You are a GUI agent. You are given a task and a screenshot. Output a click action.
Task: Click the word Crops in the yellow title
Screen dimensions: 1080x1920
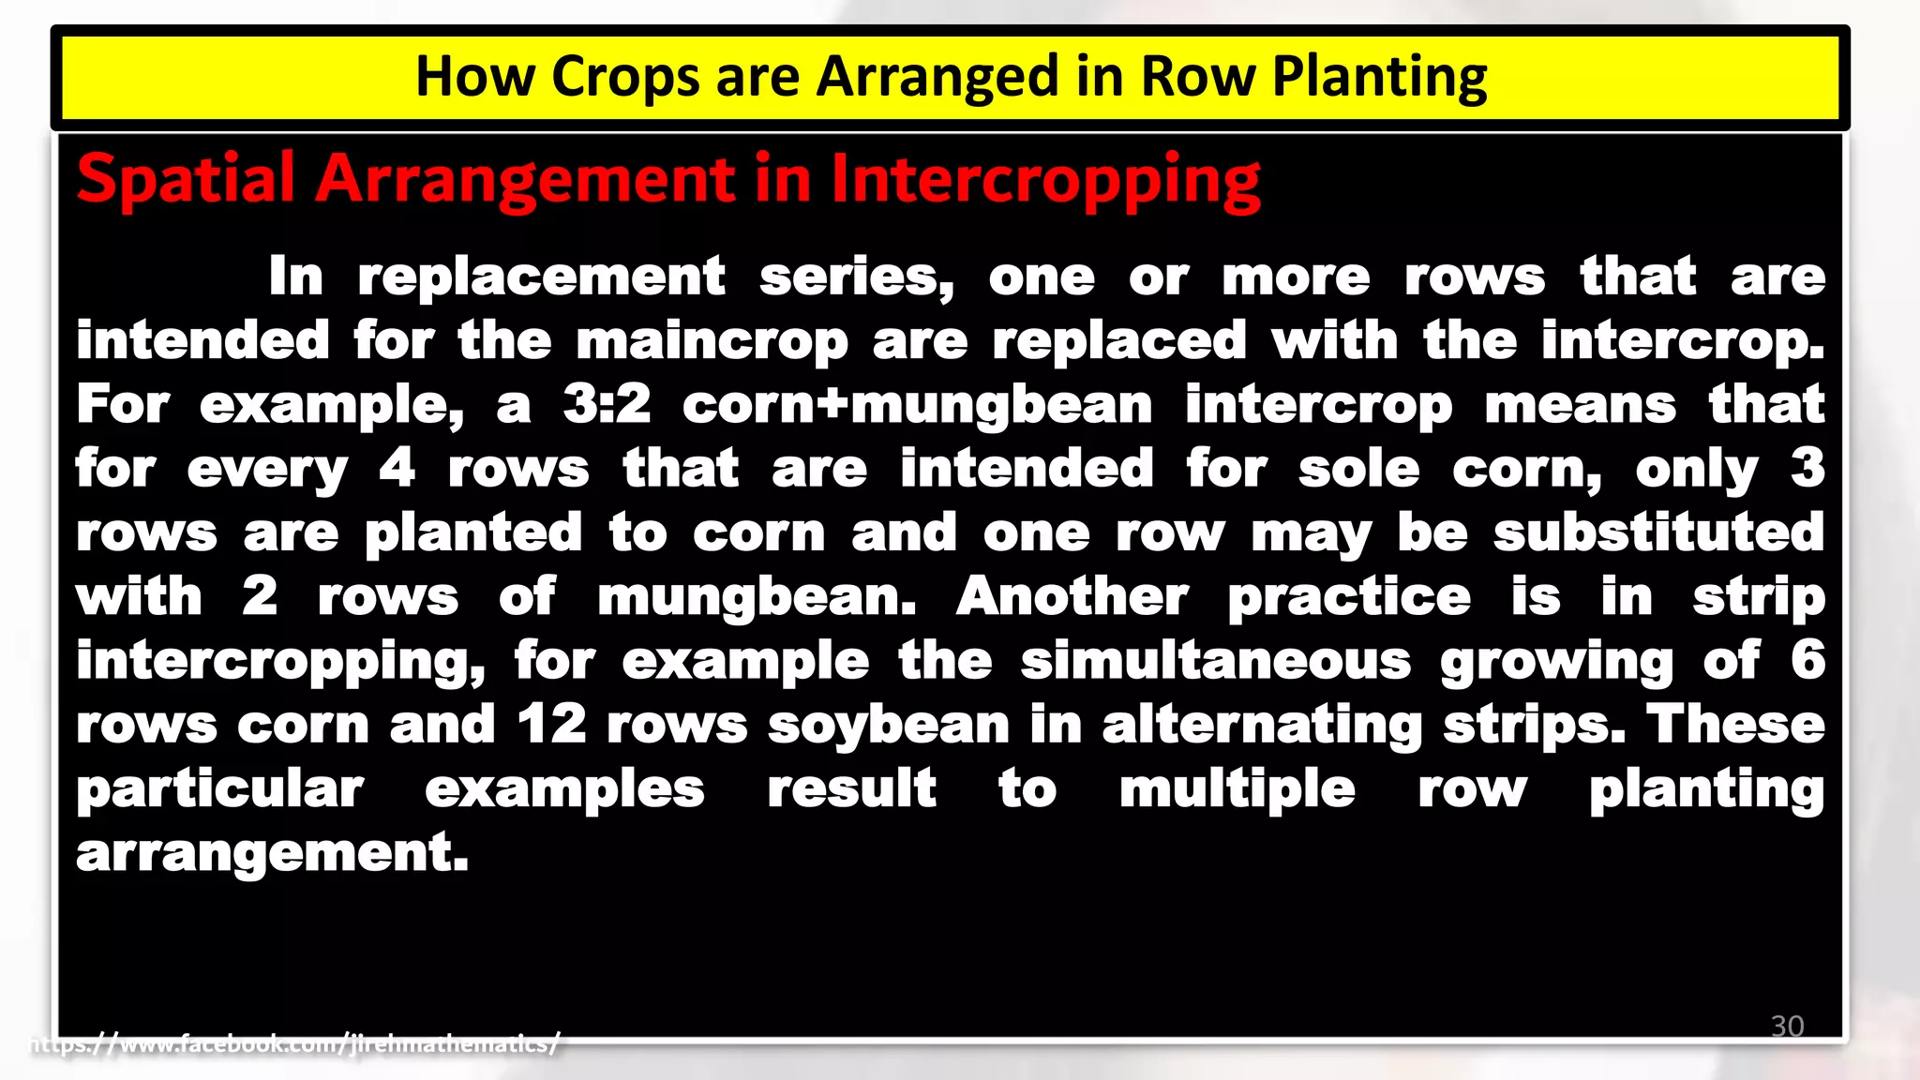pyautogui.click(x=624, y=77)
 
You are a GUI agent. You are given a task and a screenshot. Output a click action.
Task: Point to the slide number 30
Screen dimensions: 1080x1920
pyautogui.click(x=1787, y=1026)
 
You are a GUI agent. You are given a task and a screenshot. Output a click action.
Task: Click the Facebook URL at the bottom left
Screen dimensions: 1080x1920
pyautogui.click(x=295, y=1043)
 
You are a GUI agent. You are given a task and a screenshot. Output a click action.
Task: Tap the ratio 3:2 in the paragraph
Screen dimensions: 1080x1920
pyautogui.click(x=607, y=405)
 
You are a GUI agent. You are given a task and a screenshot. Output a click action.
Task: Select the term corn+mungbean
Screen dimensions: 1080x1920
pyautogui.click(x=917, y=405)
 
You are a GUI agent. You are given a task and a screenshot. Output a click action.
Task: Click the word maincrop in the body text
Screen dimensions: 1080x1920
pyautogui.click(x=712, y=341)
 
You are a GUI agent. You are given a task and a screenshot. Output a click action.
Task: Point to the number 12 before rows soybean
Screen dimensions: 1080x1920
pyautogui.click(x=551, y=725)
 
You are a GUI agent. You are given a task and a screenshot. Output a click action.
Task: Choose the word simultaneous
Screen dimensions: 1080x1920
pyautogui.click(x=1215, y=661)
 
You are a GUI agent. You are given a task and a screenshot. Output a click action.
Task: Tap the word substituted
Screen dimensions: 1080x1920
pyautogui.click(x=1658, y=532)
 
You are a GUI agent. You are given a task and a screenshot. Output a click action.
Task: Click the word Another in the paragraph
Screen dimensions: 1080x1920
pyautogui.click(x=1072, y=597)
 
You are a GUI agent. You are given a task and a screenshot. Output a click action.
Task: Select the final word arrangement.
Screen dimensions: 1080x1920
pyautogui.click(x=272, y=853)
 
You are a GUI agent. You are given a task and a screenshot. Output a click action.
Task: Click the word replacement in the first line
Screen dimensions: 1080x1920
pyautogui.click(x=541, y=277)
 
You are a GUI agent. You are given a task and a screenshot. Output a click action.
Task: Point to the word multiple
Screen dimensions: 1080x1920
pyautogui.click(x=1237, y=788)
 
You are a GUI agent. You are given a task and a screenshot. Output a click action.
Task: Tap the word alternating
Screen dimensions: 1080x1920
pyautogui.click(x=1262, y=725)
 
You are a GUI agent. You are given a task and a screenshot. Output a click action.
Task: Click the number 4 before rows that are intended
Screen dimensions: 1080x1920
pyautogui.click(x=397, y=469)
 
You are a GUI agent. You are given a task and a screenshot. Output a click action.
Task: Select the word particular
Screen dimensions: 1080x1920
pyautogui.click(x=219, y=788)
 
